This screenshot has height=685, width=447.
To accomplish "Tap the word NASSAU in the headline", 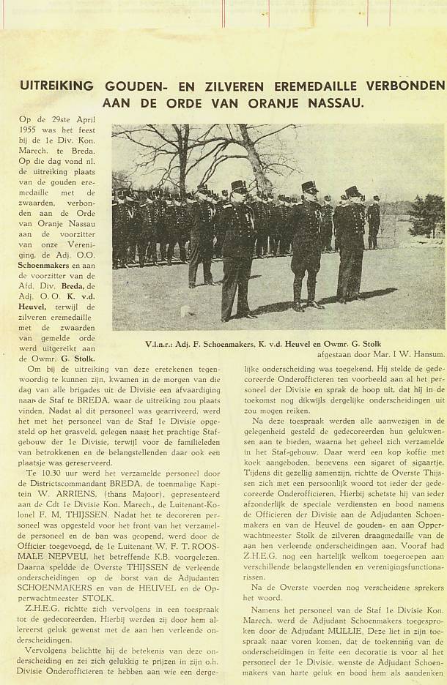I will coord(334,102).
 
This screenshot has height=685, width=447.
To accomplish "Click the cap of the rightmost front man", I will coord(352,191).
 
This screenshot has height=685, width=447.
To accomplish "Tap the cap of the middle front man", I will coord(309,187).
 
